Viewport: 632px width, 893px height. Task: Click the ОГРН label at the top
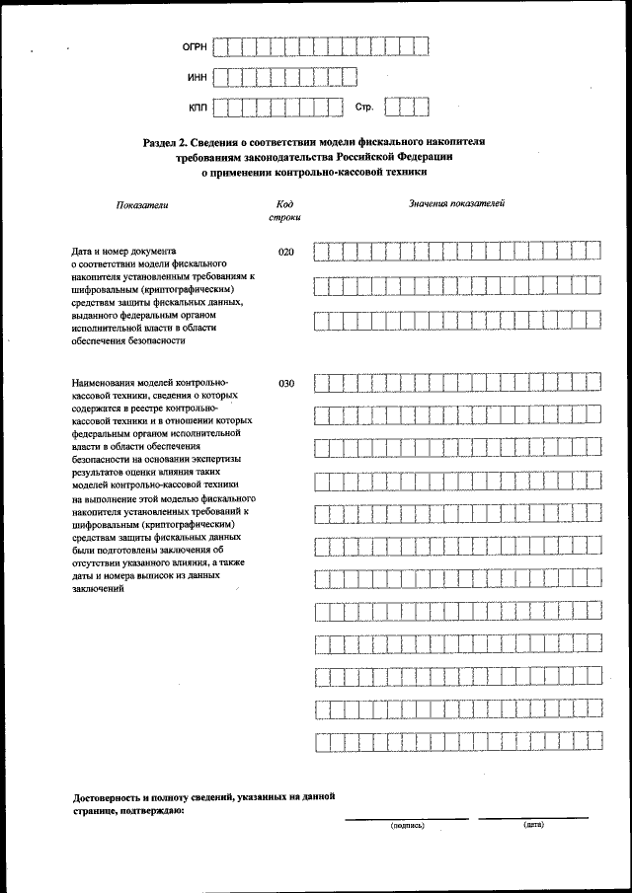tap(194, 46)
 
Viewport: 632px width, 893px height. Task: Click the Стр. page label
tap(363, 106)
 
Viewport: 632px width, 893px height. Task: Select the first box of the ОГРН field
tap(221, 46)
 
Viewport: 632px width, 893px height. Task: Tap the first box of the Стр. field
tap(393, 106)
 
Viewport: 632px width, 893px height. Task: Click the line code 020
tap(286, 253)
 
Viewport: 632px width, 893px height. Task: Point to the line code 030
tap(286, 384)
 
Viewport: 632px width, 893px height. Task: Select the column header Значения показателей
tap(457, 203)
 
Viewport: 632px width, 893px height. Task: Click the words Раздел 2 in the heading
tap(164, 142)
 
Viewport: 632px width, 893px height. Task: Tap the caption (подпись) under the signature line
tap(407, 825)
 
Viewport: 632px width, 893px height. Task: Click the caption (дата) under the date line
tap(534, 824)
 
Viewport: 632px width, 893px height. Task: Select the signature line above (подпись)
tap(407, 818)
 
